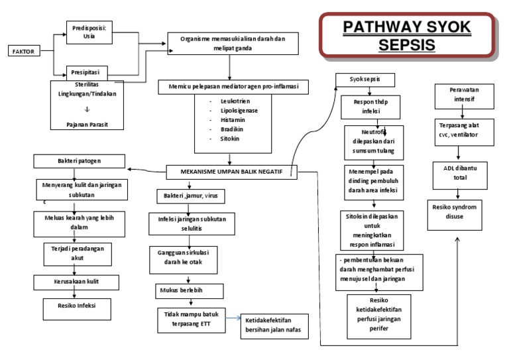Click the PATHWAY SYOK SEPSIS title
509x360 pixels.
[407, 36]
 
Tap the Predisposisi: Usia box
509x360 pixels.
[89, 32]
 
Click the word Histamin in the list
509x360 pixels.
[224, 121]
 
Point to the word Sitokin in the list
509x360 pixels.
[222, 141]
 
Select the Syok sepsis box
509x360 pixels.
[365, 80]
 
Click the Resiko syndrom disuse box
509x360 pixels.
[457, 211]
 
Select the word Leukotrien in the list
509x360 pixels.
[227, 101]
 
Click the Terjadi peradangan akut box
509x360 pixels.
[74, 253]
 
